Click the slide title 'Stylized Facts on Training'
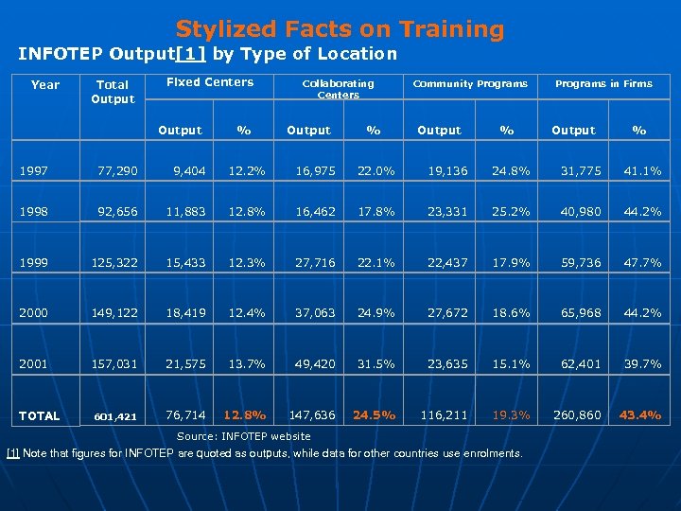[340, 29]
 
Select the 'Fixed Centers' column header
[210, 82]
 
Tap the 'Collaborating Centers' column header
[338, 89]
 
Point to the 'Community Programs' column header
[470, 83]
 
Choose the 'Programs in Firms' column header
[603, 83]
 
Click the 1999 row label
[34, 262]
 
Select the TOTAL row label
[39, 415]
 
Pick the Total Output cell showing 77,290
[117, 170]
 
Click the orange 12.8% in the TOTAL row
[244, 414]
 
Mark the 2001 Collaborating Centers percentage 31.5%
[375, 363]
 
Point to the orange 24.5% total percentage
[375, 414]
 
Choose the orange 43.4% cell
[640, 414]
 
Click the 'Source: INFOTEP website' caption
[244, 436]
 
